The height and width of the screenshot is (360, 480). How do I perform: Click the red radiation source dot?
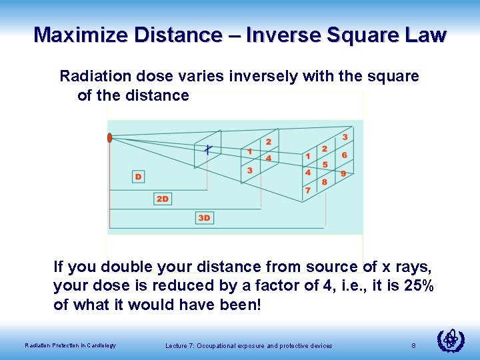pyautogui.click(x=109, y=138)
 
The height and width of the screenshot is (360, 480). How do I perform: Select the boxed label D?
pyautogui.click(x=138, y=177)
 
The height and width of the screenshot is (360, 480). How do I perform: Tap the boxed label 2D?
pyautogui.click(x=163, y=199)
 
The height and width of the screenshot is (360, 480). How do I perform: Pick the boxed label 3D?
pyautogui.click(x=205, y=218)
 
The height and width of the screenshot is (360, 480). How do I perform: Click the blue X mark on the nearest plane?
pyautogui.click(x=208, y=149)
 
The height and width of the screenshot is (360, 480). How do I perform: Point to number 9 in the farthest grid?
pyautogui.click(x=343, y=173)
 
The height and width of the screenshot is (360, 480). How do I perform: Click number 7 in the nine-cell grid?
pyautogui.click(x=307, y=191)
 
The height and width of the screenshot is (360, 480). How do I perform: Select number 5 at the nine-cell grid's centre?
pyautogui.click(x=325, y=165)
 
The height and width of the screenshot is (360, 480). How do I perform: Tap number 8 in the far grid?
pyautogui.click(x=325, y=182)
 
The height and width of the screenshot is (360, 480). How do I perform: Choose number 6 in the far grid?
pyautogui.click(x=344, y=155)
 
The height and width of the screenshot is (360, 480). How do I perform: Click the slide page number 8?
pyautogui.click(x=413, y=345)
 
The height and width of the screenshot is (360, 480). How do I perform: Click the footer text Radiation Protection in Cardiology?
pyautogui.click(x=70, y=345)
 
